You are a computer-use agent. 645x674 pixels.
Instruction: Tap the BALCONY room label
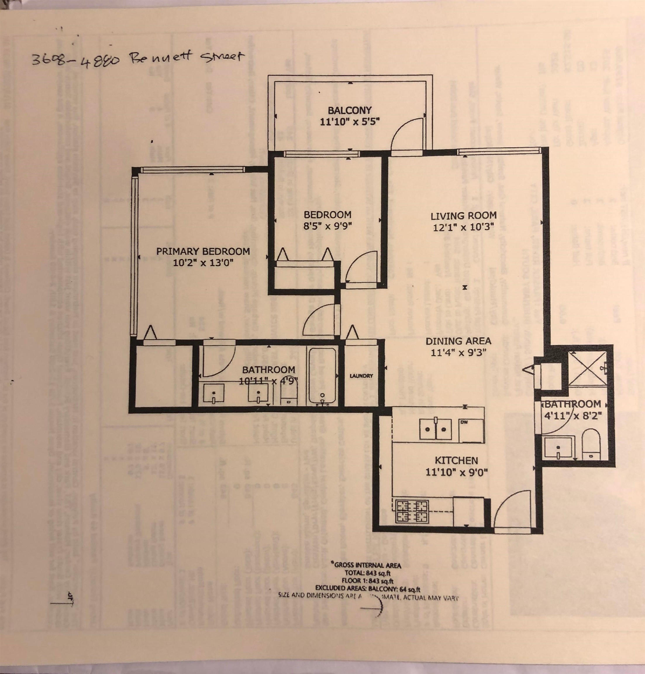pos(349,110)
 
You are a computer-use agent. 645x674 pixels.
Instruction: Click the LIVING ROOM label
pos(463,216)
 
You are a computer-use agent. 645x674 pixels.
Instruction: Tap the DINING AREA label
pos(458,341)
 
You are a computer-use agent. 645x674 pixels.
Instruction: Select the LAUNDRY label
pos(361,376)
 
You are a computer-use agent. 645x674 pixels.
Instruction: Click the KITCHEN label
pos(456,460)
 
